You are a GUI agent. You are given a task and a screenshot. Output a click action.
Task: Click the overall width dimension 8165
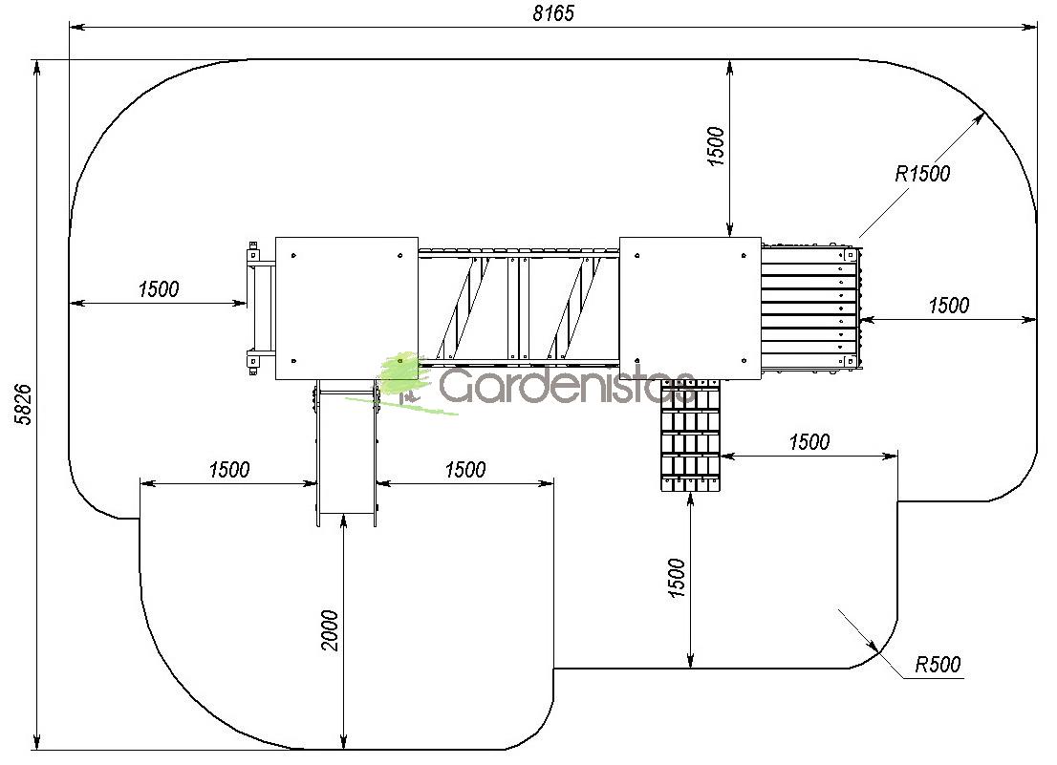[553, 13]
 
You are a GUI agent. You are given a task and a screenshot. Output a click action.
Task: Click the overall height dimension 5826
[24, 404]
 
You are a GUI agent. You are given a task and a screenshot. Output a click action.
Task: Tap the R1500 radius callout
[922, 174]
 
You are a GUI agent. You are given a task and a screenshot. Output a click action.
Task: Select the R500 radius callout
[938, 665]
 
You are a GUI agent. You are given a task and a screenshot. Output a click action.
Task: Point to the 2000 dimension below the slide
[330, 630]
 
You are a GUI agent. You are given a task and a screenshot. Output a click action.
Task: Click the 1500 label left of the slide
[229, 469]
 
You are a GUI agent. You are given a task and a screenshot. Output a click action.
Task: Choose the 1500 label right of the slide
[465, 469]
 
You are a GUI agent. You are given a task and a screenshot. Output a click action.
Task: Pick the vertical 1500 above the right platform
[716, 146]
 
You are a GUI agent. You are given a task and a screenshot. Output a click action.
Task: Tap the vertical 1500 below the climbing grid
[677, 577]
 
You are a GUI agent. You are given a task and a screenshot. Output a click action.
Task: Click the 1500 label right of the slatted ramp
[948, 306]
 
